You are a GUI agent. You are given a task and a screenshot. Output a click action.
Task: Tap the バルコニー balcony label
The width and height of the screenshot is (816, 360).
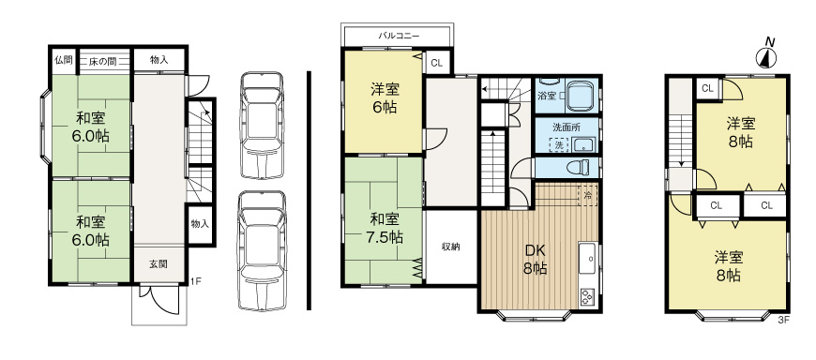(399, 35)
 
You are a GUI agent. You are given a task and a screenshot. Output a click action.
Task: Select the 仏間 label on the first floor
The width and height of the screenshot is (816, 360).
(63, 60)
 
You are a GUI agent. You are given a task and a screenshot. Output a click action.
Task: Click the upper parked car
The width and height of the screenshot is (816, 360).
(261, 124)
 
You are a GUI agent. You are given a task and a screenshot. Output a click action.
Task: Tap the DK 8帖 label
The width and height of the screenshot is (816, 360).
(536, 259)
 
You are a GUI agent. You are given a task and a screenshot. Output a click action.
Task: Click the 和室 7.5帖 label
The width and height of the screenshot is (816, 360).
(385, 228)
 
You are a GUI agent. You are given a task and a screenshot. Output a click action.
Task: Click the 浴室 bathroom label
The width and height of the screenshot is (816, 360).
(546, 96)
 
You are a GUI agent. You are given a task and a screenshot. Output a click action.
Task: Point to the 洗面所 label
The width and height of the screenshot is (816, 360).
(566, 127)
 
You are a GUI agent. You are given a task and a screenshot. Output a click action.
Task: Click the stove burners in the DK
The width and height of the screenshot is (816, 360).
(588, 297)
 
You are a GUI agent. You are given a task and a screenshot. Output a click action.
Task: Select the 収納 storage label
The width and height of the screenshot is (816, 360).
(450, 247)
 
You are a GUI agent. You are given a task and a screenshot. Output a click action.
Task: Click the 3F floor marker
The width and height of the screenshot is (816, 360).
(784, 320)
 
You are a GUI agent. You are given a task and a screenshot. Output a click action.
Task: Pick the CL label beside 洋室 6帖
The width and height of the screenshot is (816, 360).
(436, 64)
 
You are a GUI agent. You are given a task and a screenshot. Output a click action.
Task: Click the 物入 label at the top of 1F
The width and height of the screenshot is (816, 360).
(159, 60)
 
